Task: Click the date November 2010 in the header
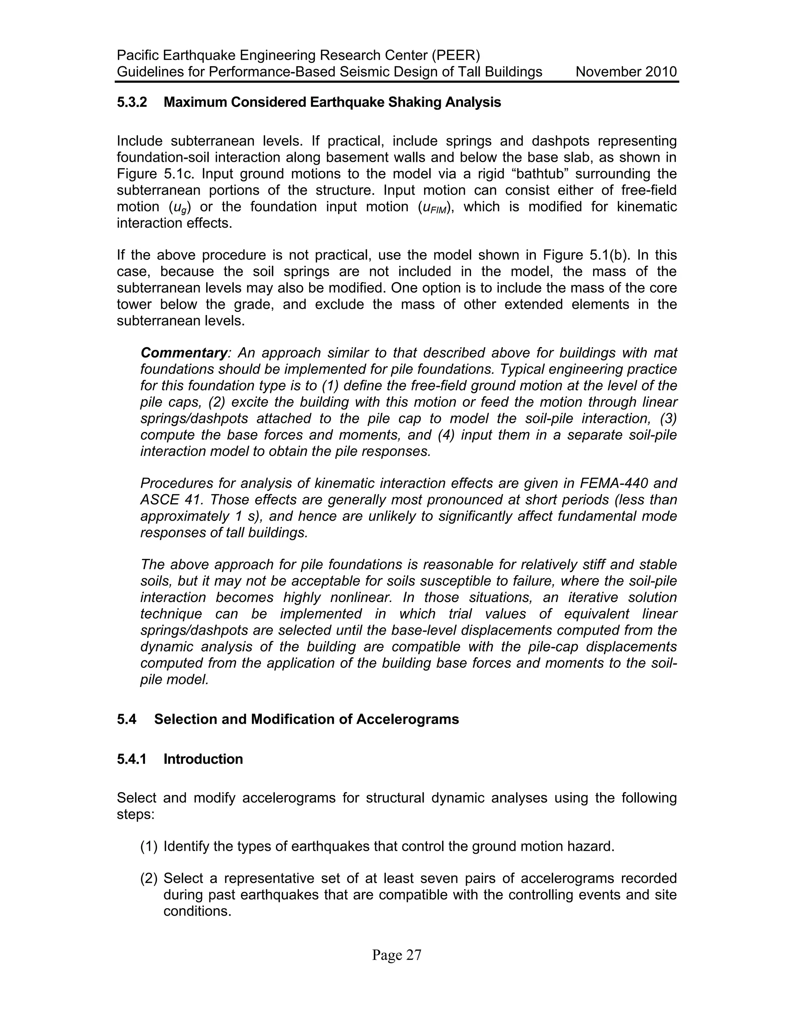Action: pyautogui.click(x=626, y=72)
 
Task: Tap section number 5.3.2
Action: pyautogui.click(x=132, y=102)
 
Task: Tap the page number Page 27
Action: pyautogui.click(x=397, y=955)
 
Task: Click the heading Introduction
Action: pyautogui.click(x=203, y=759)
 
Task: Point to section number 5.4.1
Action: pyautogui.click(x=132, y=759)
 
